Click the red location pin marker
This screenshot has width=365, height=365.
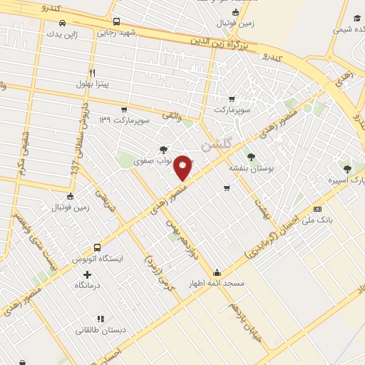183,168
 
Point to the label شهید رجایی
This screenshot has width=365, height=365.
116,32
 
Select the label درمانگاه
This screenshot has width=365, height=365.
89,285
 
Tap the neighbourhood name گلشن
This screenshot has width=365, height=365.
218,143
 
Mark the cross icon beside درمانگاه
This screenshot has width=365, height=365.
88,274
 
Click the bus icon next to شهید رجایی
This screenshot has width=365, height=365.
116,21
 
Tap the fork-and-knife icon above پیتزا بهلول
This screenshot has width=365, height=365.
92,73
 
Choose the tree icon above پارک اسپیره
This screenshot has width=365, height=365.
347,170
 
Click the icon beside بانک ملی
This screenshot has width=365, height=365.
317,209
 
